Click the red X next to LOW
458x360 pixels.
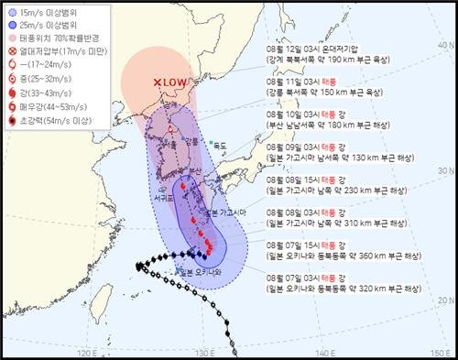[x=157, y=82]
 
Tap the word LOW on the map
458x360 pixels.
[x=175, y=83]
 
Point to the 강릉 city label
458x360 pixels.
[x=190, y=141]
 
